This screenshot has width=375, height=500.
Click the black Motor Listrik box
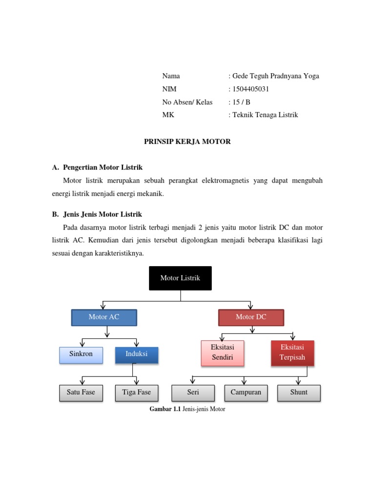(180, 278)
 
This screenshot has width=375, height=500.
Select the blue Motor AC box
(104, 317)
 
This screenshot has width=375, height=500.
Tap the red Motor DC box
(251, 317)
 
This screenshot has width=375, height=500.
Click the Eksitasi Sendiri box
(223, 353)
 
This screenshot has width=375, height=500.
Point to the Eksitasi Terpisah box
(292, 353)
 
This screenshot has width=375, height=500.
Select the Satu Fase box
(81, 393)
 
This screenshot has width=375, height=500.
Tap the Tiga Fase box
(137, 393)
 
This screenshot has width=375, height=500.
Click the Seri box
(193, 393)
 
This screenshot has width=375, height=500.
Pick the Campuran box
(246, 393)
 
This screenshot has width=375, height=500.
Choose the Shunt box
(299, 393)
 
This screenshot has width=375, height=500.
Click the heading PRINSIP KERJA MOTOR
(187, 142)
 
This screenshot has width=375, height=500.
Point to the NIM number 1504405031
(250, 89)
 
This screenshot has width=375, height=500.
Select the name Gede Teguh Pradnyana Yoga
(275, 76)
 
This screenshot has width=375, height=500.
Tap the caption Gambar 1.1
(165, 410)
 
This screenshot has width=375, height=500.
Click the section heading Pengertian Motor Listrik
(103, 168)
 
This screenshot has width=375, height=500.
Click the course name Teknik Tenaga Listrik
(265, 115)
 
